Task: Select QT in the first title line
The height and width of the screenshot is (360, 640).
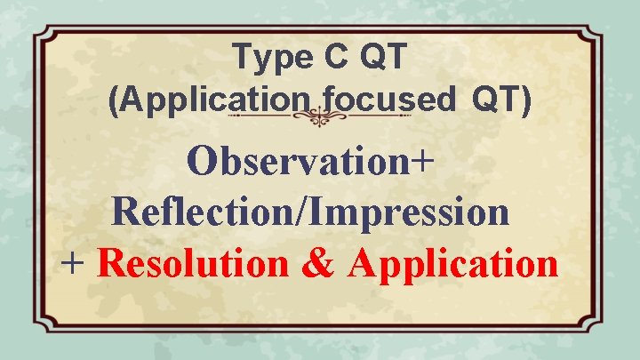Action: tap(384, 58)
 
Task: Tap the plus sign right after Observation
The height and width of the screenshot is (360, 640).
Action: tap(423, 163)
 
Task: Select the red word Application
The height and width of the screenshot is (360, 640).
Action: tap(454, 262)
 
